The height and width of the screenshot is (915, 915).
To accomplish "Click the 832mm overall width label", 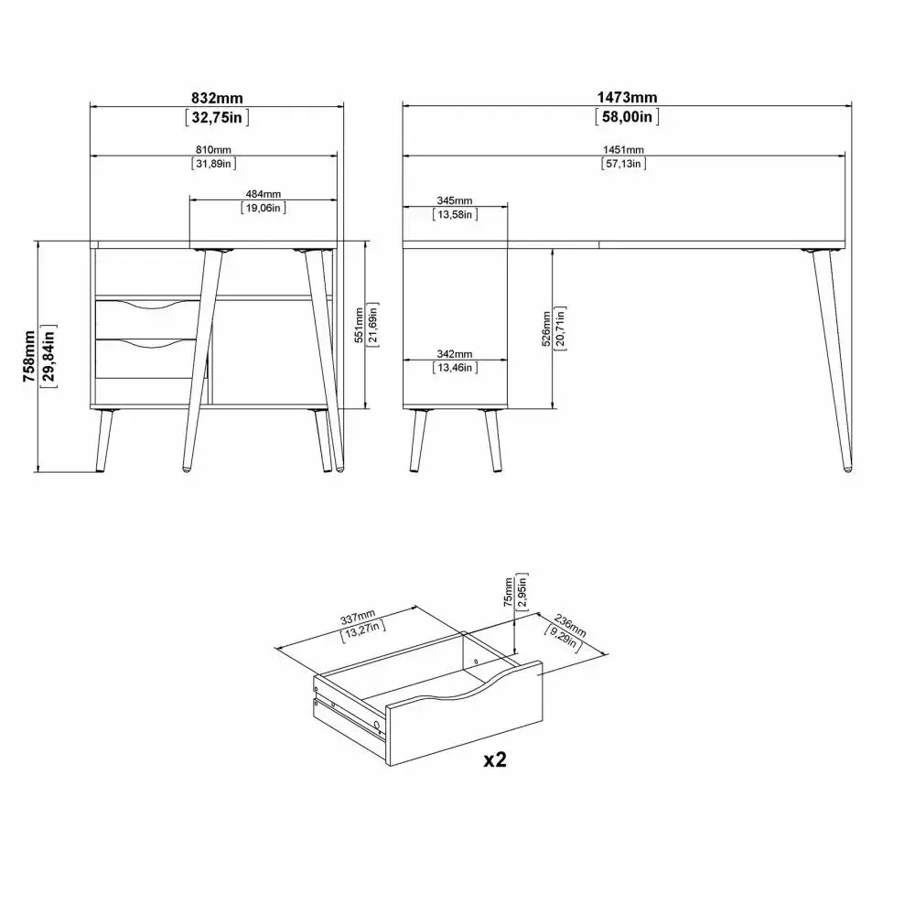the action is tap(217, 98).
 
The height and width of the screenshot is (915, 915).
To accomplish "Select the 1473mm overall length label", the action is tap(627, 98).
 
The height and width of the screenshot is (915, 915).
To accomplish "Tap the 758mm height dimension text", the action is tap(29, 357).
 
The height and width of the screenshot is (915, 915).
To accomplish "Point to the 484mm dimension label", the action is tap(264, 194).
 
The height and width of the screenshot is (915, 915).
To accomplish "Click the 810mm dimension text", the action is tap(213, 150).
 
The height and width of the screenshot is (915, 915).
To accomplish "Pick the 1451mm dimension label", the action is tap(623, 150).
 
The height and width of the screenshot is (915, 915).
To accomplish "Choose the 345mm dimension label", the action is tap(455, 200).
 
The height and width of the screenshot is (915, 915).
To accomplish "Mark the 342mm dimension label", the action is tap(455, 354).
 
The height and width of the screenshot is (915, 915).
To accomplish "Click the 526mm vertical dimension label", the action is tap(546, 328).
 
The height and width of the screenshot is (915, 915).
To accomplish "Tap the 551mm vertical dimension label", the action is tap(359, 325).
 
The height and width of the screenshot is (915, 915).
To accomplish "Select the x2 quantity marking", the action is tap(495, 759).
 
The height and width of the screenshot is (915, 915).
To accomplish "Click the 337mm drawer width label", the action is tap(358, 617).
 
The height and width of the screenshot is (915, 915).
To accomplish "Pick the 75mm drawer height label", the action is tap(508, 592).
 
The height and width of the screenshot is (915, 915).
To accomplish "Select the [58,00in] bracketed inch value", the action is tap(627, 117).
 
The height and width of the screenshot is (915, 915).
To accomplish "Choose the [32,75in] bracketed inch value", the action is tap(217, 117).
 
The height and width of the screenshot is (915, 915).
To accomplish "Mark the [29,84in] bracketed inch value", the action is tap(49, 357).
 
